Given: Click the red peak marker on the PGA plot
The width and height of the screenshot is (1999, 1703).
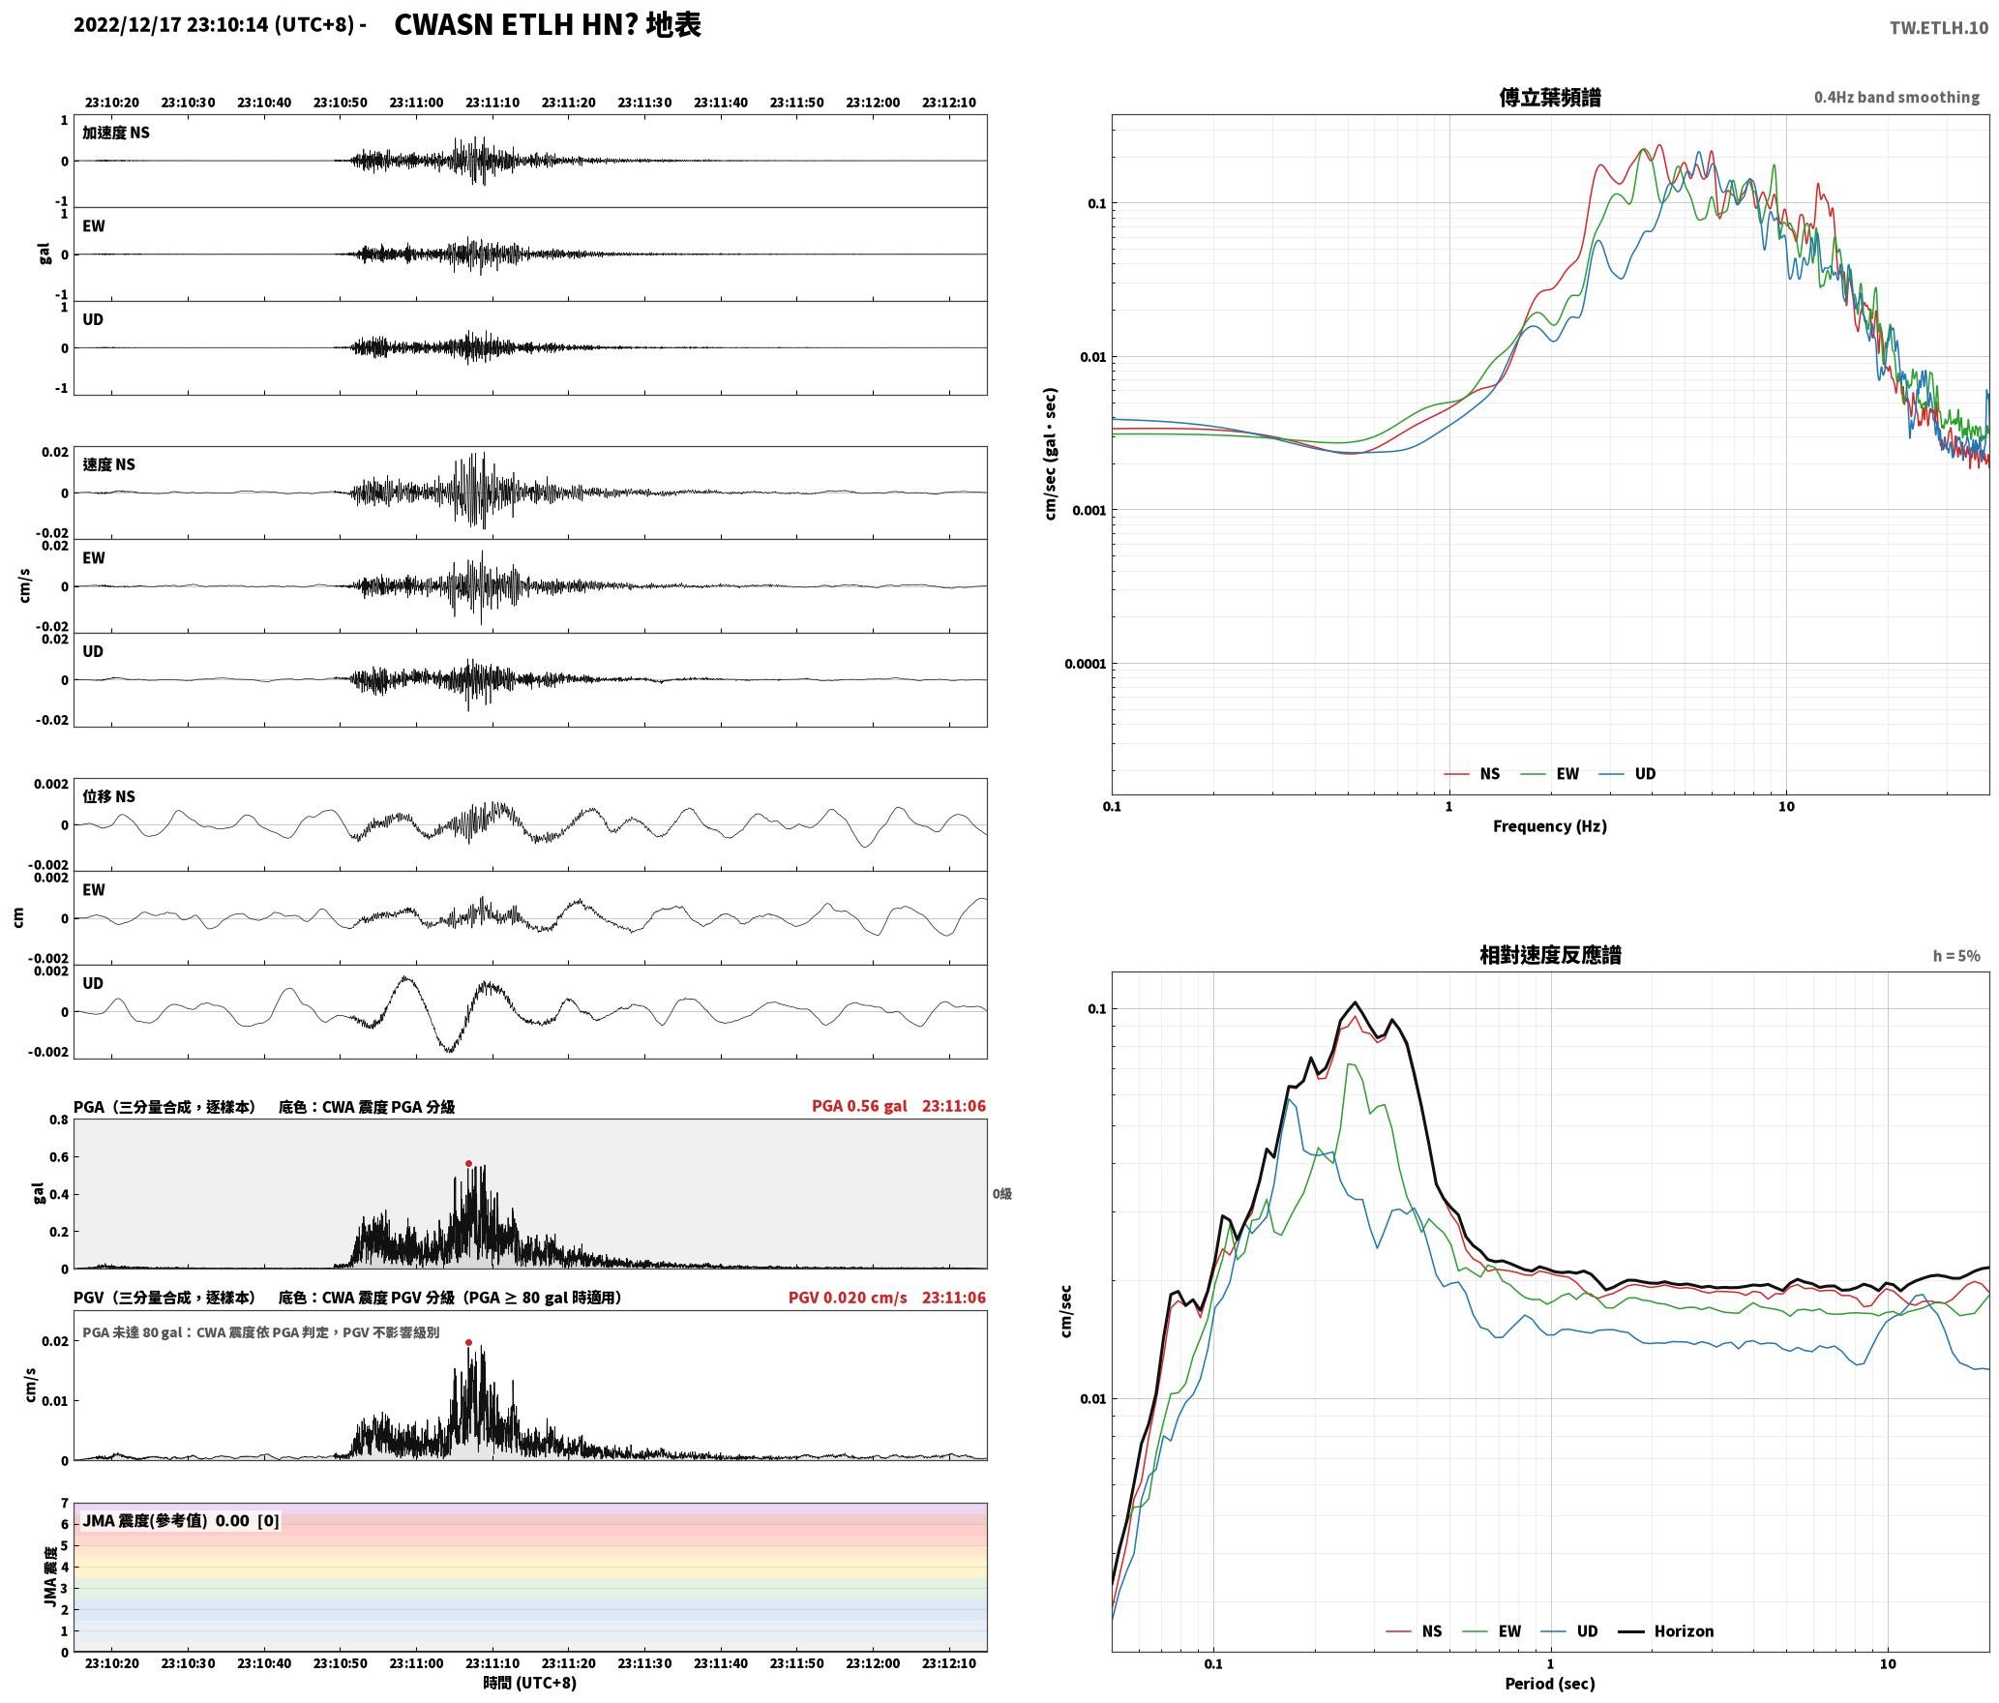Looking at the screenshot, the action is [x=468, y=1164].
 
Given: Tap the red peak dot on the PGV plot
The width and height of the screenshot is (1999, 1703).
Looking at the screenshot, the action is [x=468, y=1343].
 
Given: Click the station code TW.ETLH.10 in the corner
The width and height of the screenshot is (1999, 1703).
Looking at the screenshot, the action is [x=1939, y=28].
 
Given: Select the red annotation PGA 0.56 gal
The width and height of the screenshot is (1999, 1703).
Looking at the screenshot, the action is [x=859, y=1106].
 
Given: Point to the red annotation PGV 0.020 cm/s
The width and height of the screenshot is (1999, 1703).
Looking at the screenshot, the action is [x=848, y=1298].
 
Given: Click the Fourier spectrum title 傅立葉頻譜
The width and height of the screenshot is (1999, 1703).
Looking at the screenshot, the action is [x=1549, y=97].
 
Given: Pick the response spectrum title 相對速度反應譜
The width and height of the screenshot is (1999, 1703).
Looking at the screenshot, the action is [x=1550, y=955].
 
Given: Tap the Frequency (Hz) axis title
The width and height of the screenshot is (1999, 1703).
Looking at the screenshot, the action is [x=1549, y=826].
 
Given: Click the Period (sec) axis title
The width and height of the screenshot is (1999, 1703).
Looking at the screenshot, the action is [x=1549, y=1684].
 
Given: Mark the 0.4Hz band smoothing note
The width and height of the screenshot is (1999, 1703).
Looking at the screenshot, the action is [x=1896, y=98].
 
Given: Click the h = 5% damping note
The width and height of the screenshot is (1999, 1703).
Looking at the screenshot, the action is [x=1956, y=956].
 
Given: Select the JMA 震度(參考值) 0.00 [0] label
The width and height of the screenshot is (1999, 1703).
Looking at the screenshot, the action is [x=181, y=1521].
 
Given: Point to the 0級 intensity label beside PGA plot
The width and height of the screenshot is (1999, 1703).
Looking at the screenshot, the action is [x=1002, y=1194].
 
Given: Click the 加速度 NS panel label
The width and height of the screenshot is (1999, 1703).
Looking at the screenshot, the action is [x=116, y=133].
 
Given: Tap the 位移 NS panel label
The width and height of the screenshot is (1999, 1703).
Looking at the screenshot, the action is [x=108, y=796].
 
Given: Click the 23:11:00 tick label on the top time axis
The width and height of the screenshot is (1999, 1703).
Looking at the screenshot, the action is [x=416, y=103].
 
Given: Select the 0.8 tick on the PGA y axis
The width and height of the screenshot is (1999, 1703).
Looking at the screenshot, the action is [x=59, y=1120].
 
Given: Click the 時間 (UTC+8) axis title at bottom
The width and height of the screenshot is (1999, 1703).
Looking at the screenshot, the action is [x=530, y=1683].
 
